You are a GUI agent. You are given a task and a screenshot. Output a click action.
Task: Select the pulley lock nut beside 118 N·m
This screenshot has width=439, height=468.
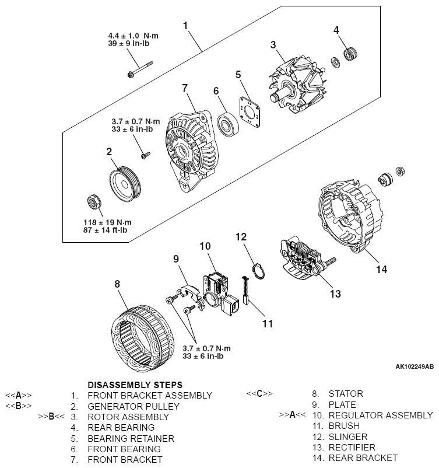tap(94, 202)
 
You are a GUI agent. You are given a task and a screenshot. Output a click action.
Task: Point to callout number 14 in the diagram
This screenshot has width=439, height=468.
tap(381, 269)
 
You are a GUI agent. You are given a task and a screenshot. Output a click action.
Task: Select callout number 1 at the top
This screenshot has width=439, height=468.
tap(185, 25)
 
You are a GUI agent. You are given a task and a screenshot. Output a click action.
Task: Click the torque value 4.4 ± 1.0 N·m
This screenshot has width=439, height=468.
tap(133, 36)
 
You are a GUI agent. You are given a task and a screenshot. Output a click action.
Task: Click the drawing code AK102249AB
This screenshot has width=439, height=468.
tap(414, 366)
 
